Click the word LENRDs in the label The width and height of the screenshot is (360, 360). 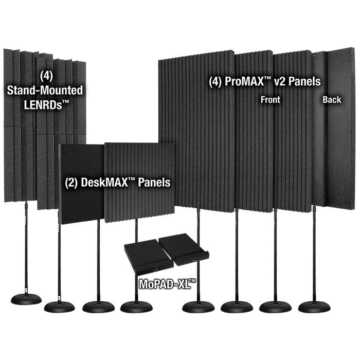point(43,105)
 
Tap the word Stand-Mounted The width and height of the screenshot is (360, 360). point(45,90)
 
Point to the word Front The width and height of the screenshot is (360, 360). point(270,100)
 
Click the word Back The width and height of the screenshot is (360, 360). point(332,100)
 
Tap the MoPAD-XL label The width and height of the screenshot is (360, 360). point(167,284)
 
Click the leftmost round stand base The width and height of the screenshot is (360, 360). point(26,299)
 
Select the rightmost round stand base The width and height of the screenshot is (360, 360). point(314,307)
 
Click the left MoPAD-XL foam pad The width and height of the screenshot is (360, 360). point(149,257)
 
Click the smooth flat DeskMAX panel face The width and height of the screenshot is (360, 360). point(82,184)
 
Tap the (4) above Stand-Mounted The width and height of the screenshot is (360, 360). point(46,76)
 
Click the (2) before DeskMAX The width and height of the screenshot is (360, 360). point(71,183)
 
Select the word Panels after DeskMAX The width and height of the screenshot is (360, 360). point(154,183)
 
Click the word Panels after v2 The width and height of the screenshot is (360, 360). point(304,81)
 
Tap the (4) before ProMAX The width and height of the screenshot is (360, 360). point(215,82)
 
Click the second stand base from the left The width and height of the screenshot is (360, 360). point(59,307)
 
